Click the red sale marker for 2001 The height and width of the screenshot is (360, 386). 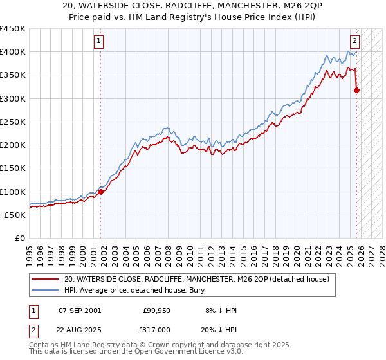(x=100, y=192)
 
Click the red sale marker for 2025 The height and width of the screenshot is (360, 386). (x=357, y=90)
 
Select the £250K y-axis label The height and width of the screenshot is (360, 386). (x=13, y=122)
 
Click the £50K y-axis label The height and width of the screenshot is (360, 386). (x=15, y=215)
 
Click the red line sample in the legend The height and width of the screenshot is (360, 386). (x=45, y=279)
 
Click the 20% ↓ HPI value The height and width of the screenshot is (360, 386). (x=219, y=328)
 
